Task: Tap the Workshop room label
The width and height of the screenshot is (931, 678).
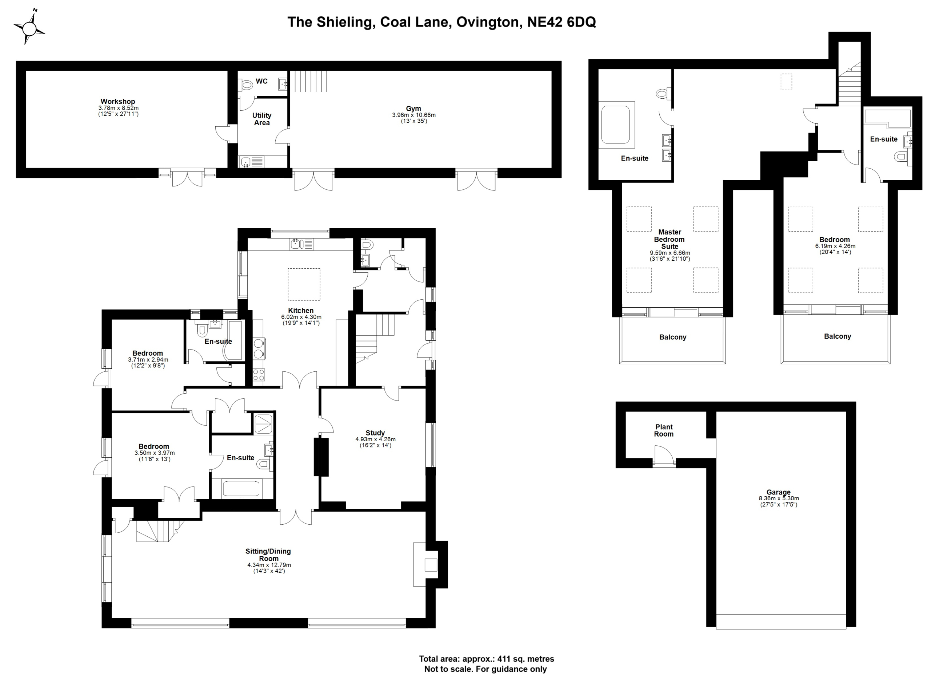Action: pos(118,102)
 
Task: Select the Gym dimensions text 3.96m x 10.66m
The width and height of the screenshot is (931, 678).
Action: pos(414,115)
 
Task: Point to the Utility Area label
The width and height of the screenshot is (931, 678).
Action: pos(262,119)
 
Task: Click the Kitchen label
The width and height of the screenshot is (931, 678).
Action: pos(301,311)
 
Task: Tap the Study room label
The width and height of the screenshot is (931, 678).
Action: pos(375,433)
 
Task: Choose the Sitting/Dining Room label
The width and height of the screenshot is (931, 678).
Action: pos(268,555)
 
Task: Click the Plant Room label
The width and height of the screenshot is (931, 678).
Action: pos(664,430)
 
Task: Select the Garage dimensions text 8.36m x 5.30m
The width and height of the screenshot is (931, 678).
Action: pos(779,498)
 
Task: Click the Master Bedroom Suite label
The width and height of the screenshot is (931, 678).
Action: pos(670,239)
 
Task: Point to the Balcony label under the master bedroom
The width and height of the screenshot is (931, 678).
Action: pos(673,337)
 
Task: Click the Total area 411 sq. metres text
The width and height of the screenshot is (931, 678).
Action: pos(487,659)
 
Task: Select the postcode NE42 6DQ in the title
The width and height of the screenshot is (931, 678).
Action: pos(561,22)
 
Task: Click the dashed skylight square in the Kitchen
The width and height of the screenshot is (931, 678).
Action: pos(304,285)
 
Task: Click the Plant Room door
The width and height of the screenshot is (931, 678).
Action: pos(664,457)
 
